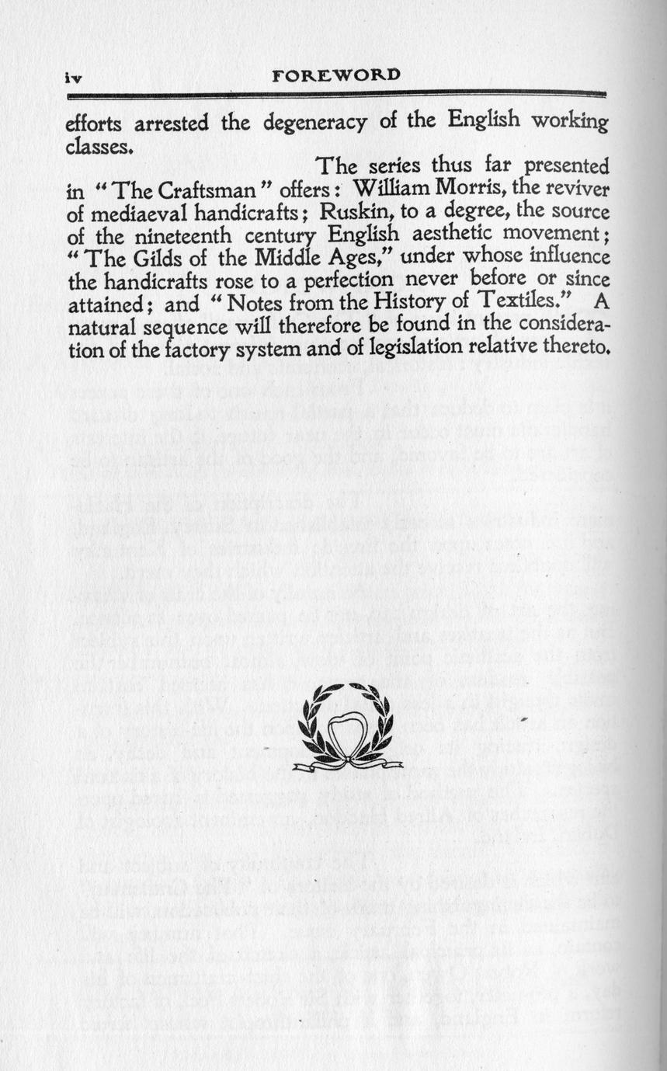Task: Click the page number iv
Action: pyautogui.click(x=74, y=78)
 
